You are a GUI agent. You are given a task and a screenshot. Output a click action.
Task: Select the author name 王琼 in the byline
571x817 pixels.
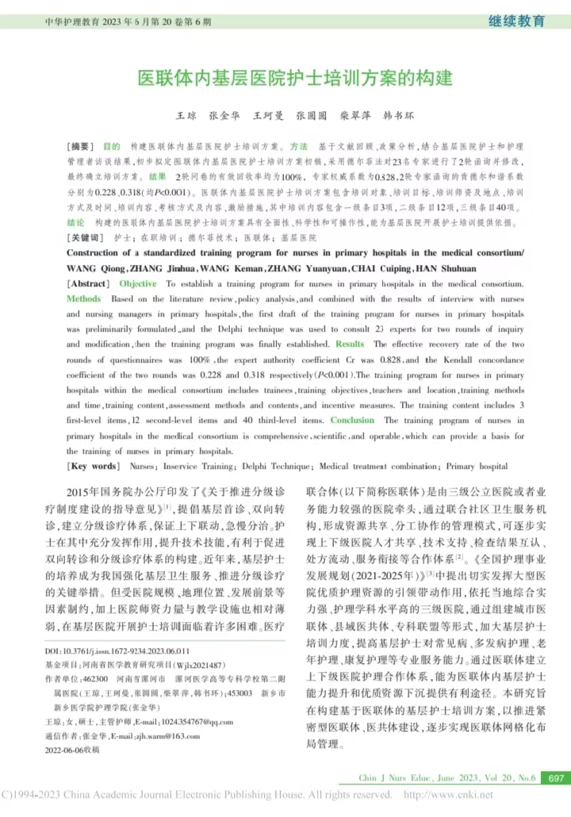[186, 116]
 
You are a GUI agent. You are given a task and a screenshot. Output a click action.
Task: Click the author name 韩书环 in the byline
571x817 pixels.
[399, 116]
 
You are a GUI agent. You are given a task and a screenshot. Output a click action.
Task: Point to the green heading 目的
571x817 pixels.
[111, 148]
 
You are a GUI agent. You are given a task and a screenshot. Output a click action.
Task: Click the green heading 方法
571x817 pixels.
[299, 148]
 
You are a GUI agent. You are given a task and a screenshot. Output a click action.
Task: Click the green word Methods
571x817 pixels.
[83, 299]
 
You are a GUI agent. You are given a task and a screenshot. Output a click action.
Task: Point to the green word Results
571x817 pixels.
[350, 344]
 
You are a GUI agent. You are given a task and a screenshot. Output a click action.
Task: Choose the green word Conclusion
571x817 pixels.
[352, 420]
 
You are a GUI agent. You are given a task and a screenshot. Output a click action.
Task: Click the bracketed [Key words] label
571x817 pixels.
[94, 466]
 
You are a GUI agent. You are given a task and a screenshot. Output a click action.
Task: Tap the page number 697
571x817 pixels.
[556, 778]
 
